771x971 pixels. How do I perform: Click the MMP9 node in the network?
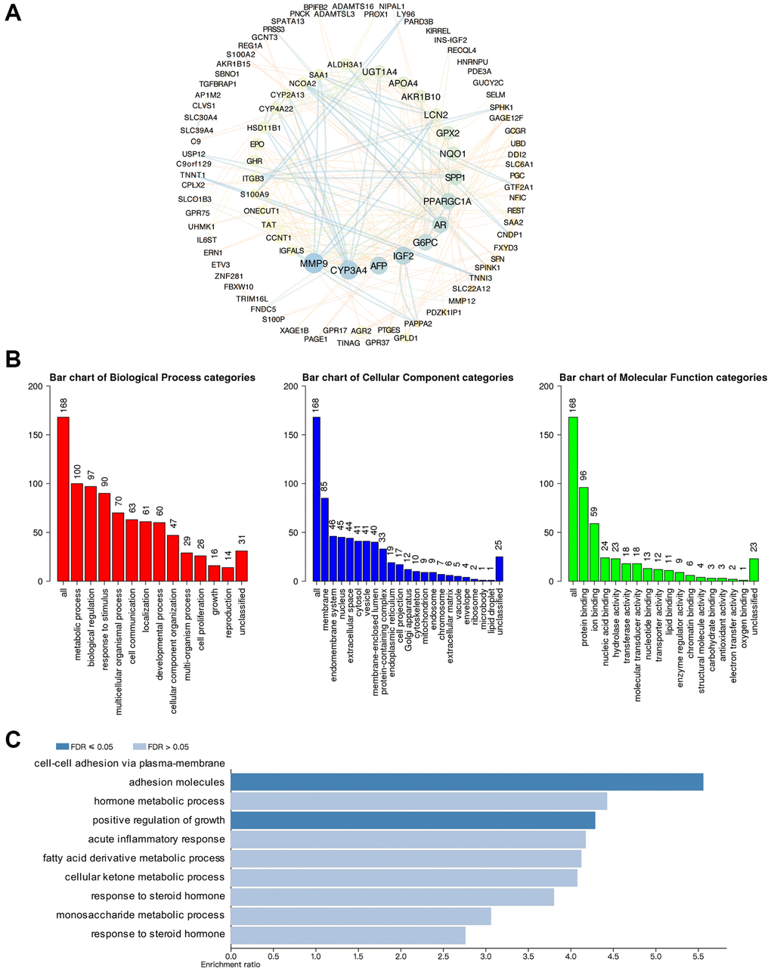coord(313,264)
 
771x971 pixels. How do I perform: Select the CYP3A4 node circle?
coord(348,269)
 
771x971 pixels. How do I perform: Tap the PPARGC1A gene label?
coord(447,201)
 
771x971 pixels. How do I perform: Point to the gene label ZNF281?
coord(228,276)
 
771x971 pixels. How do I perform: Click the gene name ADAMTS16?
coord(353,6)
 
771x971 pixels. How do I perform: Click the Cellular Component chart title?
coord(407,377)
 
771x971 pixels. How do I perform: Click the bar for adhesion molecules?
coord(466,782)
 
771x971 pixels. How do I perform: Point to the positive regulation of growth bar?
coord(413,820)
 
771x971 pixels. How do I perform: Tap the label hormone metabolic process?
coord(159,801)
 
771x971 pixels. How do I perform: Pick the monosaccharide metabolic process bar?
coord(361,914)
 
